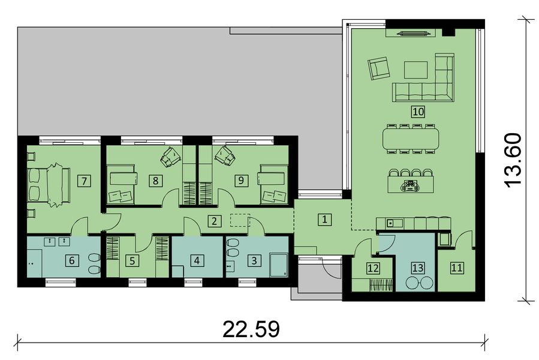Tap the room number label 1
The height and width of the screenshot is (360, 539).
[324, 219]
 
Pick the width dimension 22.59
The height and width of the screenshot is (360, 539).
[251, 329]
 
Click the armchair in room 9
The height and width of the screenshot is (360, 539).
[225, 155]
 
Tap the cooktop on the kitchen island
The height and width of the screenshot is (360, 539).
[411, 186]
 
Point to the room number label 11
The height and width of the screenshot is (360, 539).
[457, 268]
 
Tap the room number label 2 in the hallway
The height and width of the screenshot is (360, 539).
[213, 220]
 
